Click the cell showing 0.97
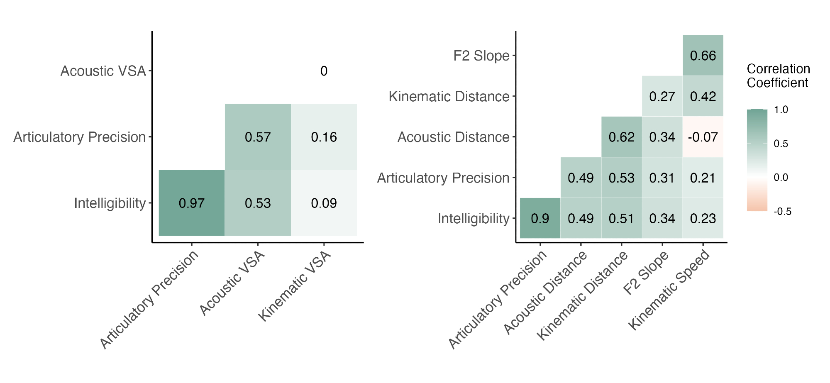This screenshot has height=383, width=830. [191, 203]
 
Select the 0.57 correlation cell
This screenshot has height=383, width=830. [258, 137]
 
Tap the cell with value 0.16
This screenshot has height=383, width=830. [324, 137]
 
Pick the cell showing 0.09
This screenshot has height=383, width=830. [324, 203]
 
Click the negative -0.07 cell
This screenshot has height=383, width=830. [703, 137]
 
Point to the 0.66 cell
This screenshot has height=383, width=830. [703, 56]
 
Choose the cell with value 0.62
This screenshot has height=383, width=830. [621, 137]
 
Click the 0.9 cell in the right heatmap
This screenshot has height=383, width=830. [540, 218]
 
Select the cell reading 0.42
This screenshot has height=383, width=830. [703, 96]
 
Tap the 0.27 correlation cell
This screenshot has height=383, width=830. [662, 96]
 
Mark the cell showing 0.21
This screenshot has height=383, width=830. [703, 178]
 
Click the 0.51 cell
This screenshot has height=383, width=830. [621, 218]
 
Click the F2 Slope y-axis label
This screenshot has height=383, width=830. [481, 56]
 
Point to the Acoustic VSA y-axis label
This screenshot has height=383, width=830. [103, 71]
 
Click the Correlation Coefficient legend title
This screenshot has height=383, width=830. [778, 76]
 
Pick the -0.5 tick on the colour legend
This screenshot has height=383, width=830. [782, 212]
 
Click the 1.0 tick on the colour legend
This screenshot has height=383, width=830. [781, 110]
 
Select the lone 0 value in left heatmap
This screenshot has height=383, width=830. [324, 71]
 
